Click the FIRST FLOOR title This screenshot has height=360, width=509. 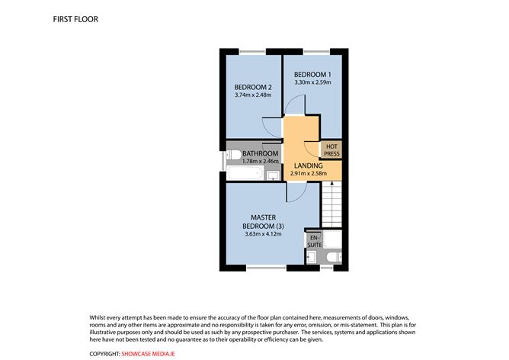(76, 17)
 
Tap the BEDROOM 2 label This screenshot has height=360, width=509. (253, 87)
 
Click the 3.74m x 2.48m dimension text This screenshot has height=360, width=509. (253, 96)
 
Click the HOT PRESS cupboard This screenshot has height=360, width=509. (332, 150)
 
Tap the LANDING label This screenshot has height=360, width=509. (308, 166)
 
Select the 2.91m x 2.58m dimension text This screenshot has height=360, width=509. (308, 174)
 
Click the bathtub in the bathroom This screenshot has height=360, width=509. (243, 175)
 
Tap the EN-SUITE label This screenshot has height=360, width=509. (313, 241)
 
